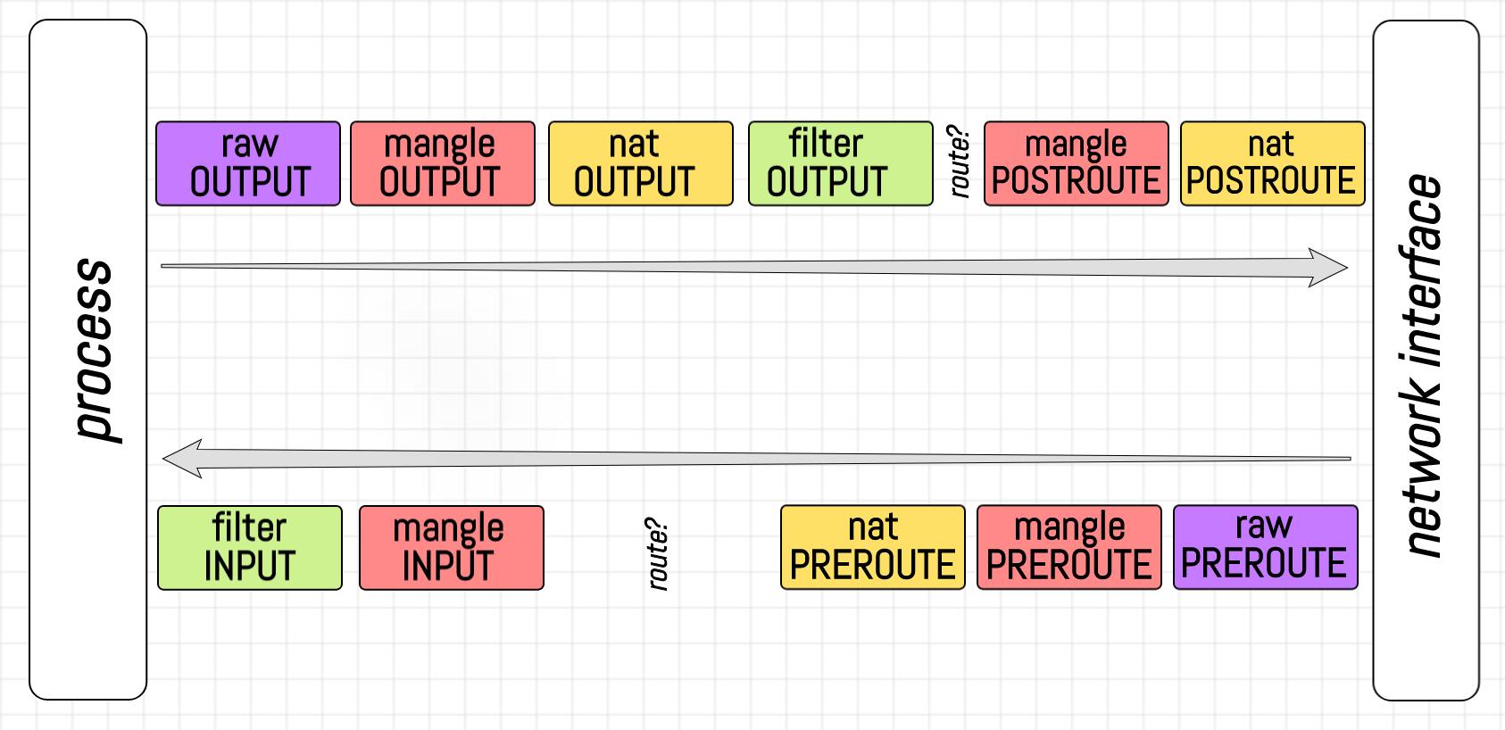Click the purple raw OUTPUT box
click(x=248, y=164)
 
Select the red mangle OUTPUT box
click(x=443, y=164)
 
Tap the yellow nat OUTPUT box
click(x=641, y=164)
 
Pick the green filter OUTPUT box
click(x=840, y=164)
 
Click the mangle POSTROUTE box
click(x=1076, y=164)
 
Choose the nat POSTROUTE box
click(x=1272, y=164)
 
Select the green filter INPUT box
click(x=250, y=548)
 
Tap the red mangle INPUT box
click(x=451, y=548)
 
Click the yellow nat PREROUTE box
click(x=872, y=548)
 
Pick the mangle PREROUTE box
click(x=1068, y=548)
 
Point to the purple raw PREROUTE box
click(x=1265, y=548)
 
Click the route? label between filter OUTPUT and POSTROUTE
click(x=959, y=162)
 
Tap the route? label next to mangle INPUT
click(x=658, y=553)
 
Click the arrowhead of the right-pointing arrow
click(x=1330, y=268)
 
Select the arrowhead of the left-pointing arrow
click(x=181, y=459)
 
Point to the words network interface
click(x=1423, y=366)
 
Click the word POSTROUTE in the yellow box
click(x=1271, y=181)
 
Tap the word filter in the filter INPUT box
click(x=249, y=527)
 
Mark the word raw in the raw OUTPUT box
click(x=250, y=144)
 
